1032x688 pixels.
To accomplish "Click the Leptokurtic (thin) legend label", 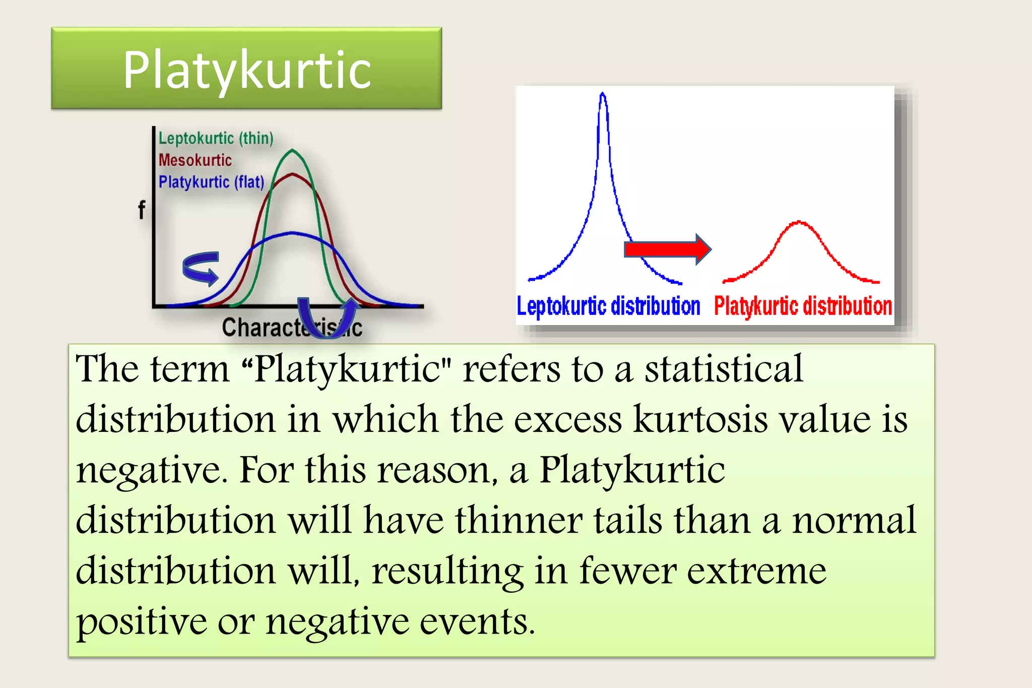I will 216,138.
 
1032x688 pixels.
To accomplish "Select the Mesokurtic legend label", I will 195,160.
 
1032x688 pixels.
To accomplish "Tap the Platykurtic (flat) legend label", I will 211,182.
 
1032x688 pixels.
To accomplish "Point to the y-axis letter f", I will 142,210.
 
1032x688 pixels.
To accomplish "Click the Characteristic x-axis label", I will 292,328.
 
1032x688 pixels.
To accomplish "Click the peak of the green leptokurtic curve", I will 293,150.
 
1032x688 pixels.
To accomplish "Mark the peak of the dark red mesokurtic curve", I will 293,174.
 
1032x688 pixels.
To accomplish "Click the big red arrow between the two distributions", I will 667,249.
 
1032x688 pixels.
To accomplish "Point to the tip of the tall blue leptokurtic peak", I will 603,94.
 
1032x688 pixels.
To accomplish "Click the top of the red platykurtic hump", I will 799,222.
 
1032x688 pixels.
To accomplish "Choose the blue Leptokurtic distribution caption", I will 608,306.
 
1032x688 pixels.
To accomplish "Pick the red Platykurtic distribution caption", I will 803,306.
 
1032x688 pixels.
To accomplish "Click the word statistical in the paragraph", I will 724,369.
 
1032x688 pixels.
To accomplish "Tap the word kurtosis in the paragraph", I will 700,419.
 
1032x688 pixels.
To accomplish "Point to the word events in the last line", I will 477,621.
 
